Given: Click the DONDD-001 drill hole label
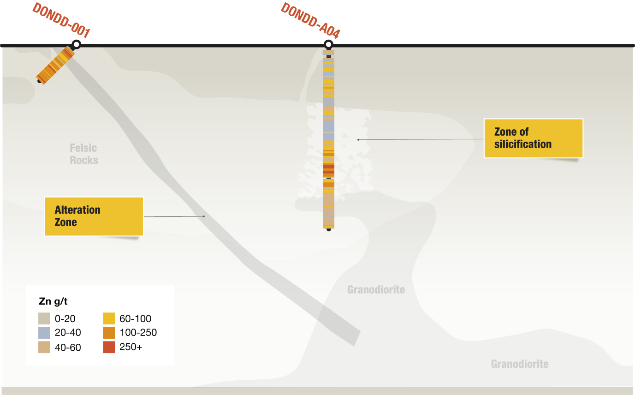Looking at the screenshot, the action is [x=60, y=20].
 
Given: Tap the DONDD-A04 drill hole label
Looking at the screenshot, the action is [x=310, y=21].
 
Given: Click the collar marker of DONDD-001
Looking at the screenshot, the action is [x=76, y=45].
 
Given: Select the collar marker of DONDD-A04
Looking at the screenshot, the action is [x=328, y=45].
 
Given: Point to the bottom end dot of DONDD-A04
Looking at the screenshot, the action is [x=329, y=229].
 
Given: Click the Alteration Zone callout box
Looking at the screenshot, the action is [x=94, y=216].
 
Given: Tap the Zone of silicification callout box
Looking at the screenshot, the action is [x=533, y=138].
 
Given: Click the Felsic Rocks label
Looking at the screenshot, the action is [x=84, y=154].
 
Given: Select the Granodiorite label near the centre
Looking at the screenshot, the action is [x=376, y=290].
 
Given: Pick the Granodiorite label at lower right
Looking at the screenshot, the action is [x=520, y=364].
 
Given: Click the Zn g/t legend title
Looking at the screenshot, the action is [x=53, y=302].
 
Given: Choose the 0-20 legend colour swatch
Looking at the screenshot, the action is [x=44, y=318].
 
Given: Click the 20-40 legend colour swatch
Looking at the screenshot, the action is [x=44, y=333].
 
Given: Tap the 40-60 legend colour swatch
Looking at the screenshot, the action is [x=44, y=347].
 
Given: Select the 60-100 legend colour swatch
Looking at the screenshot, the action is [x=109, y=318].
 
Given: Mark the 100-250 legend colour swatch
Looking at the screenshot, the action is [x=109, y=333].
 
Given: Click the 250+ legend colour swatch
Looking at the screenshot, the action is [x=109, y=347].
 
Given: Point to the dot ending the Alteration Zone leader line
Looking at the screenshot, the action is [x=204, y=216].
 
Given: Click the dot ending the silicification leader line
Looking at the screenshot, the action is [x=358, y=139].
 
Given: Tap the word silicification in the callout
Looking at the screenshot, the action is [x=522, y=144].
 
